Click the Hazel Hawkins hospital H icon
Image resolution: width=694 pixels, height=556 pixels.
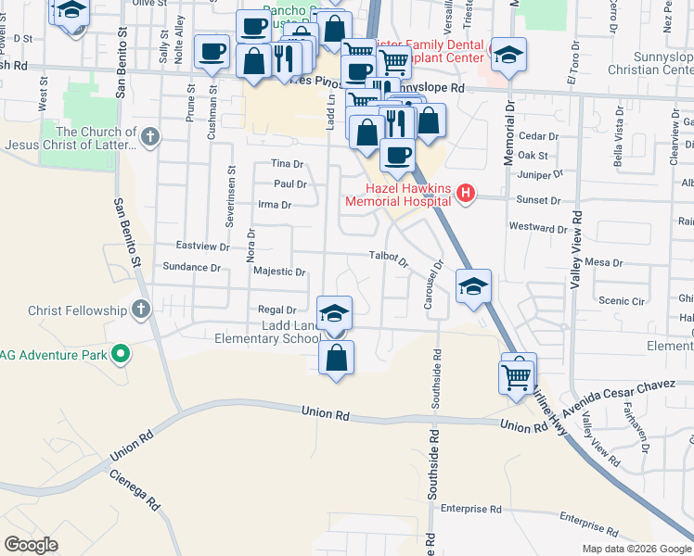467,194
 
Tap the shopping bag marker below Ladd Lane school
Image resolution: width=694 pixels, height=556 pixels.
336,359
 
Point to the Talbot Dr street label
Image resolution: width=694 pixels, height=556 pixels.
389,257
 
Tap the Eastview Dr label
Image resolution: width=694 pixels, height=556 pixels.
203,246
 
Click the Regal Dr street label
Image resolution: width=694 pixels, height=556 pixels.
277,310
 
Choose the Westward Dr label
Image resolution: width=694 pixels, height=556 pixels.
538,228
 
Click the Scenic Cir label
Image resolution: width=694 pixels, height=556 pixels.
621,301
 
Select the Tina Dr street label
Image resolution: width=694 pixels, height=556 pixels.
288,164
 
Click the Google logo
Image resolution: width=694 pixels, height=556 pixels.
31,545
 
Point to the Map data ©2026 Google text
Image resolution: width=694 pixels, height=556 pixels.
636,549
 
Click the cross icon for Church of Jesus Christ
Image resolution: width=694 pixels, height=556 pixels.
151,138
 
